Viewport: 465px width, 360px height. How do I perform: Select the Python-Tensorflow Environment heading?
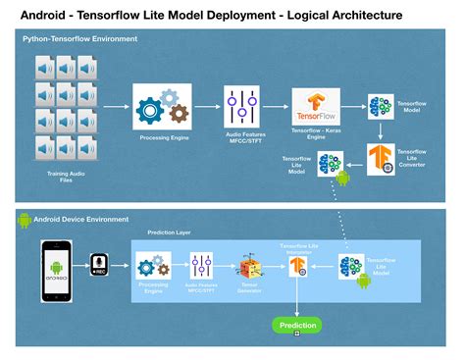point(80,38)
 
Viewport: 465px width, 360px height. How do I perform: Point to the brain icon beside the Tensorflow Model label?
point(380,107)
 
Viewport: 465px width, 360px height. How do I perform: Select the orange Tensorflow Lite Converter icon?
point(381,159)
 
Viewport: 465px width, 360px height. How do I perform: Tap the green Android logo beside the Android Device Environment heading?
point(25,220)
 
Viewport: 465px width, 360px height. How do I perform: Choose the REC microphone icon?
point(98,266)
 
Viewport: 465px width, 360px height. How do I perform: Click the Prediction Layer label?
point(169,232)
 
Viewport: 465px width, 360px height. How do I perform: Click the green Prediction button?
point(296,325)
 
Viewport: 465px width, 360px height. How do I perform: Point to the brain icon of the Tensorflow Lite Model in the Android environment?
point(350,266)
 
